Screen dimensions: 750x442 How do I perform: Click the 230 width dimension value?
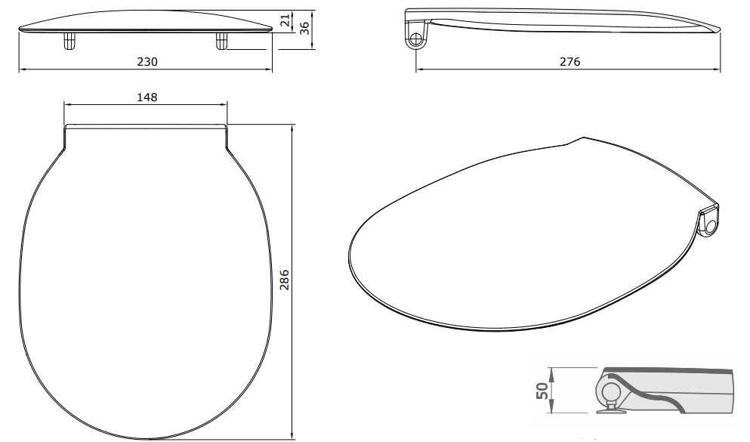147,62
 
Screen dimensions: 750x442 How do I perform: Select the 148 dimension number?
147,97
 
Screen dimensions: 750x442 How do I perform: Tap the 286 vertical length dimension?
284,280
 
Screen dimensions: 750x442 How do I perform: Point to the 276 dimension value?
569,62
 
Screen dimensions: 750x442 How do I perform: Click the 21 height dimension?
285,20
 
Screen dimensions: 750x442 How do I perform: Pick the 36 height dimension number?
304,28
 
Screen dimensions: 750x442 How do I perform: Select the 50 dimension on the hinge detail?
542,391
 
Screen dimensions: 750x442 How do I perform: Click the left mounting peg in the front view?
69,41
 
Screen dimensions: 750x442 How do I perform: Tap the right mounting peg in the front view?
221,41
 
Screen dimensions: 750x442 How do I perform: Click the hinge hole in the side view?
416,38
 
